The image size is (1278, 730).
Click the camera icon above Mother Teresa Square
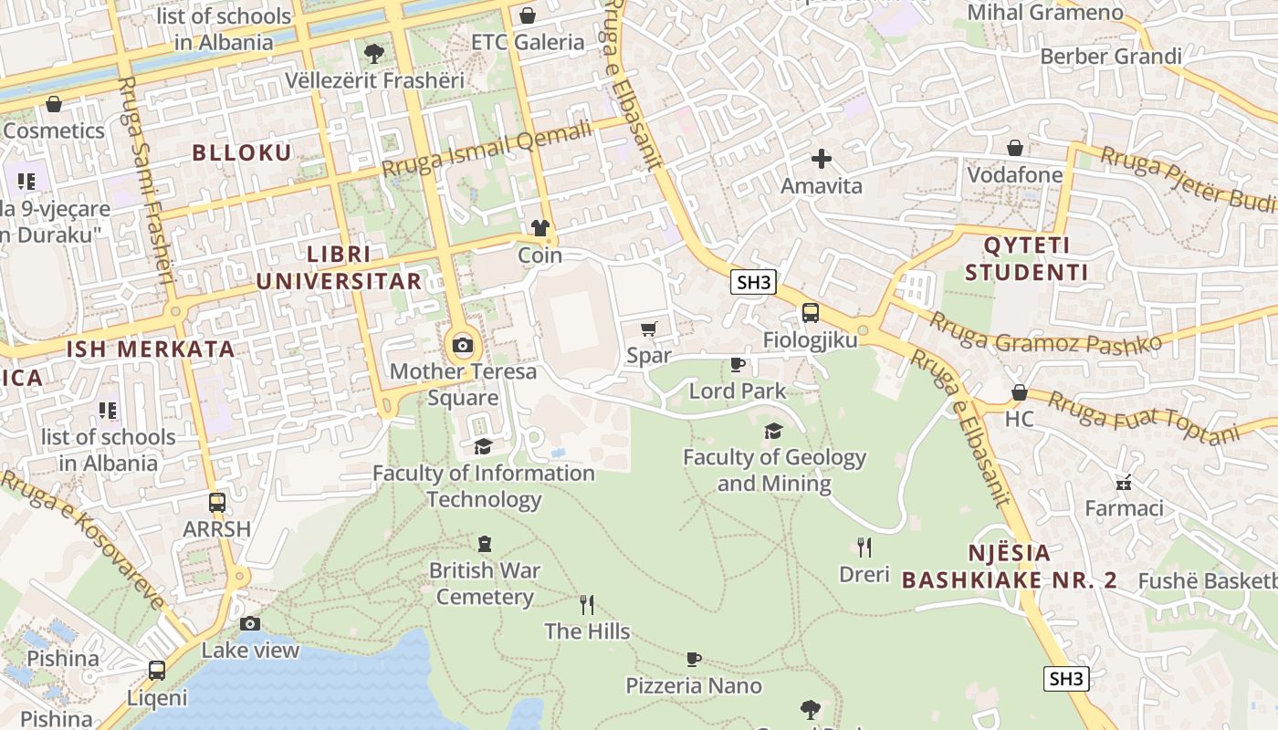click(x=463, y=345)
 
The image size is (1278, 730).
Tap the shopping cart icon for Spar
click(x=649, y=328)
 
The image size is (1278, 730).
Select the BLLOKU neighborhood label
click(x=242, y=152)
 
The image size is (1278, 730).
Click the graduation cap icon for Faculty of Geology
click(x=773, y=431)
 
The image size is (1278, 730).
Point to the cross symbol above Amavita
click(x=821, y=159)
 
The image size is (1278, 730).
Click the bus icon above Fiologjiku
click(x=810, y=313)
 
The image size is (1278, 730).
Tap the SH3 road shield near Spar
click(x=753, y=282)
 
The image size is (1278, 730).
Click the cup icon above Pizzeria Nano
click(x=694, y=659)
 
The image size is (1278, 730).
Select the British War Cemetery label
click(x=485, y=584)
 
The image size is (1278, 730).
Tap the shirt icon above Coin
click(x=539, y=228)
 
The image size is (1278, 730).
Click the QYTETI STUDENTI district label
click(x=1026, y=258)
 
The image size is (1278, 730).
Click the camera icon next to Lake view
click(x=249, y=624)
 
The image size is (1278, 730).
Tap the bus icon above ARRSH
click(x=216, y=503)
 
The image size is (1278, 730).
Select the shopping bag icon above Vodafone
click(x=1014, y=148)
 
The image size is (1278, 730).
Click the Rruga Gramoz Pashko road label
click(x=1044, y=330)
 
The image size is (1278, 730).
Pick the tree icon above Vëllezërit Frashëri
click(x=373, y=53)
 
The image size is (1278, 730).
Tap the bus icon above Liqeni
click(x=157, y=671)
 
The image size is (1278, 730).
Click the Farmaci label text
click(x=1124, y=507)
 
